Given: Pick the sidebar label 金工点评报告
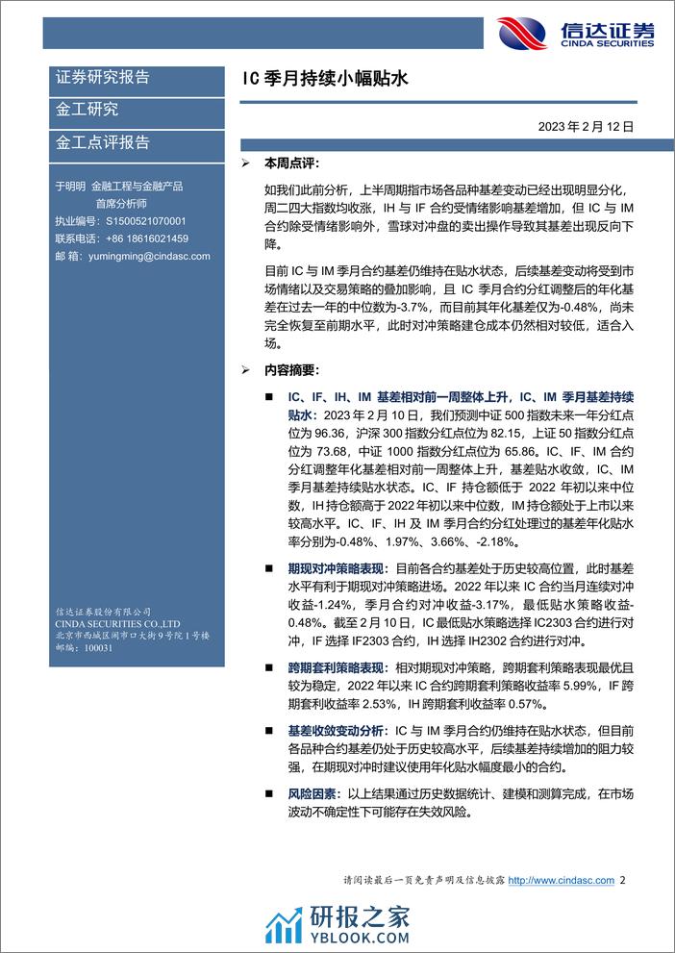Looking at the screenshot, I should click(103, 142).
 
